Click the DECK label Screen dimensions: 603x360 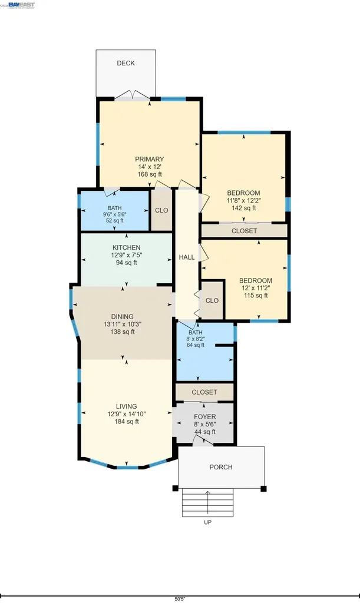pyautogui.click(x=125, y=63)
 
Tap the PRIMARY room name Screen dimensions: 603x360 pyautogui.click(x=149, y=159)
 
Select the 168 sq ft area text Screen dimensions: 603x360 pyautogui.click(x=149, y=175)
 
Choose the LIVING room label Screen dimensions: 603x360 pyautogui.click(x=126, y=406)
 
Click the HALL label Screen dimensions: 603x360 pyautogui.click(x=187, y=257)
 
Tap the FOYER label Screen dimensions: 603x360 pyautogui.click(x=204, y=416)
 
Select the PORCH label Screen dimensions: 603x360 pyautogui.click(x=221, y=467)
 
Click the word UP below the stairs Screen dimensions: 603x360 pyautogui.click(x=207, y=522)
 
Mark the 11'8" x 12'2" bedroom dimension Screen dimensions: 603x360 pyautogui.click(x=243, y=200)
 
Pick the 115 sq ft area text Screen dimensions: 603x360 pyautogui.click(x=255, y=296)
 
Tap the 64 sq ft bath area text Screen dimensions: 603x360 pyautogui.click(x=196, y=345)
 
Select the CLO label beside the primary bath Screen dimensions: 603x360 pyautogui.click(x=161, y=210)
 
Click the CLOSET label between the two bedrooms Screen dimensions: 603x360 pyautogui.click(x=243, y=231)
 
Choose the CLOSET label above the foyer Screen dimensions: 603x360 pyautogui.click(x=204, y=392)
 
